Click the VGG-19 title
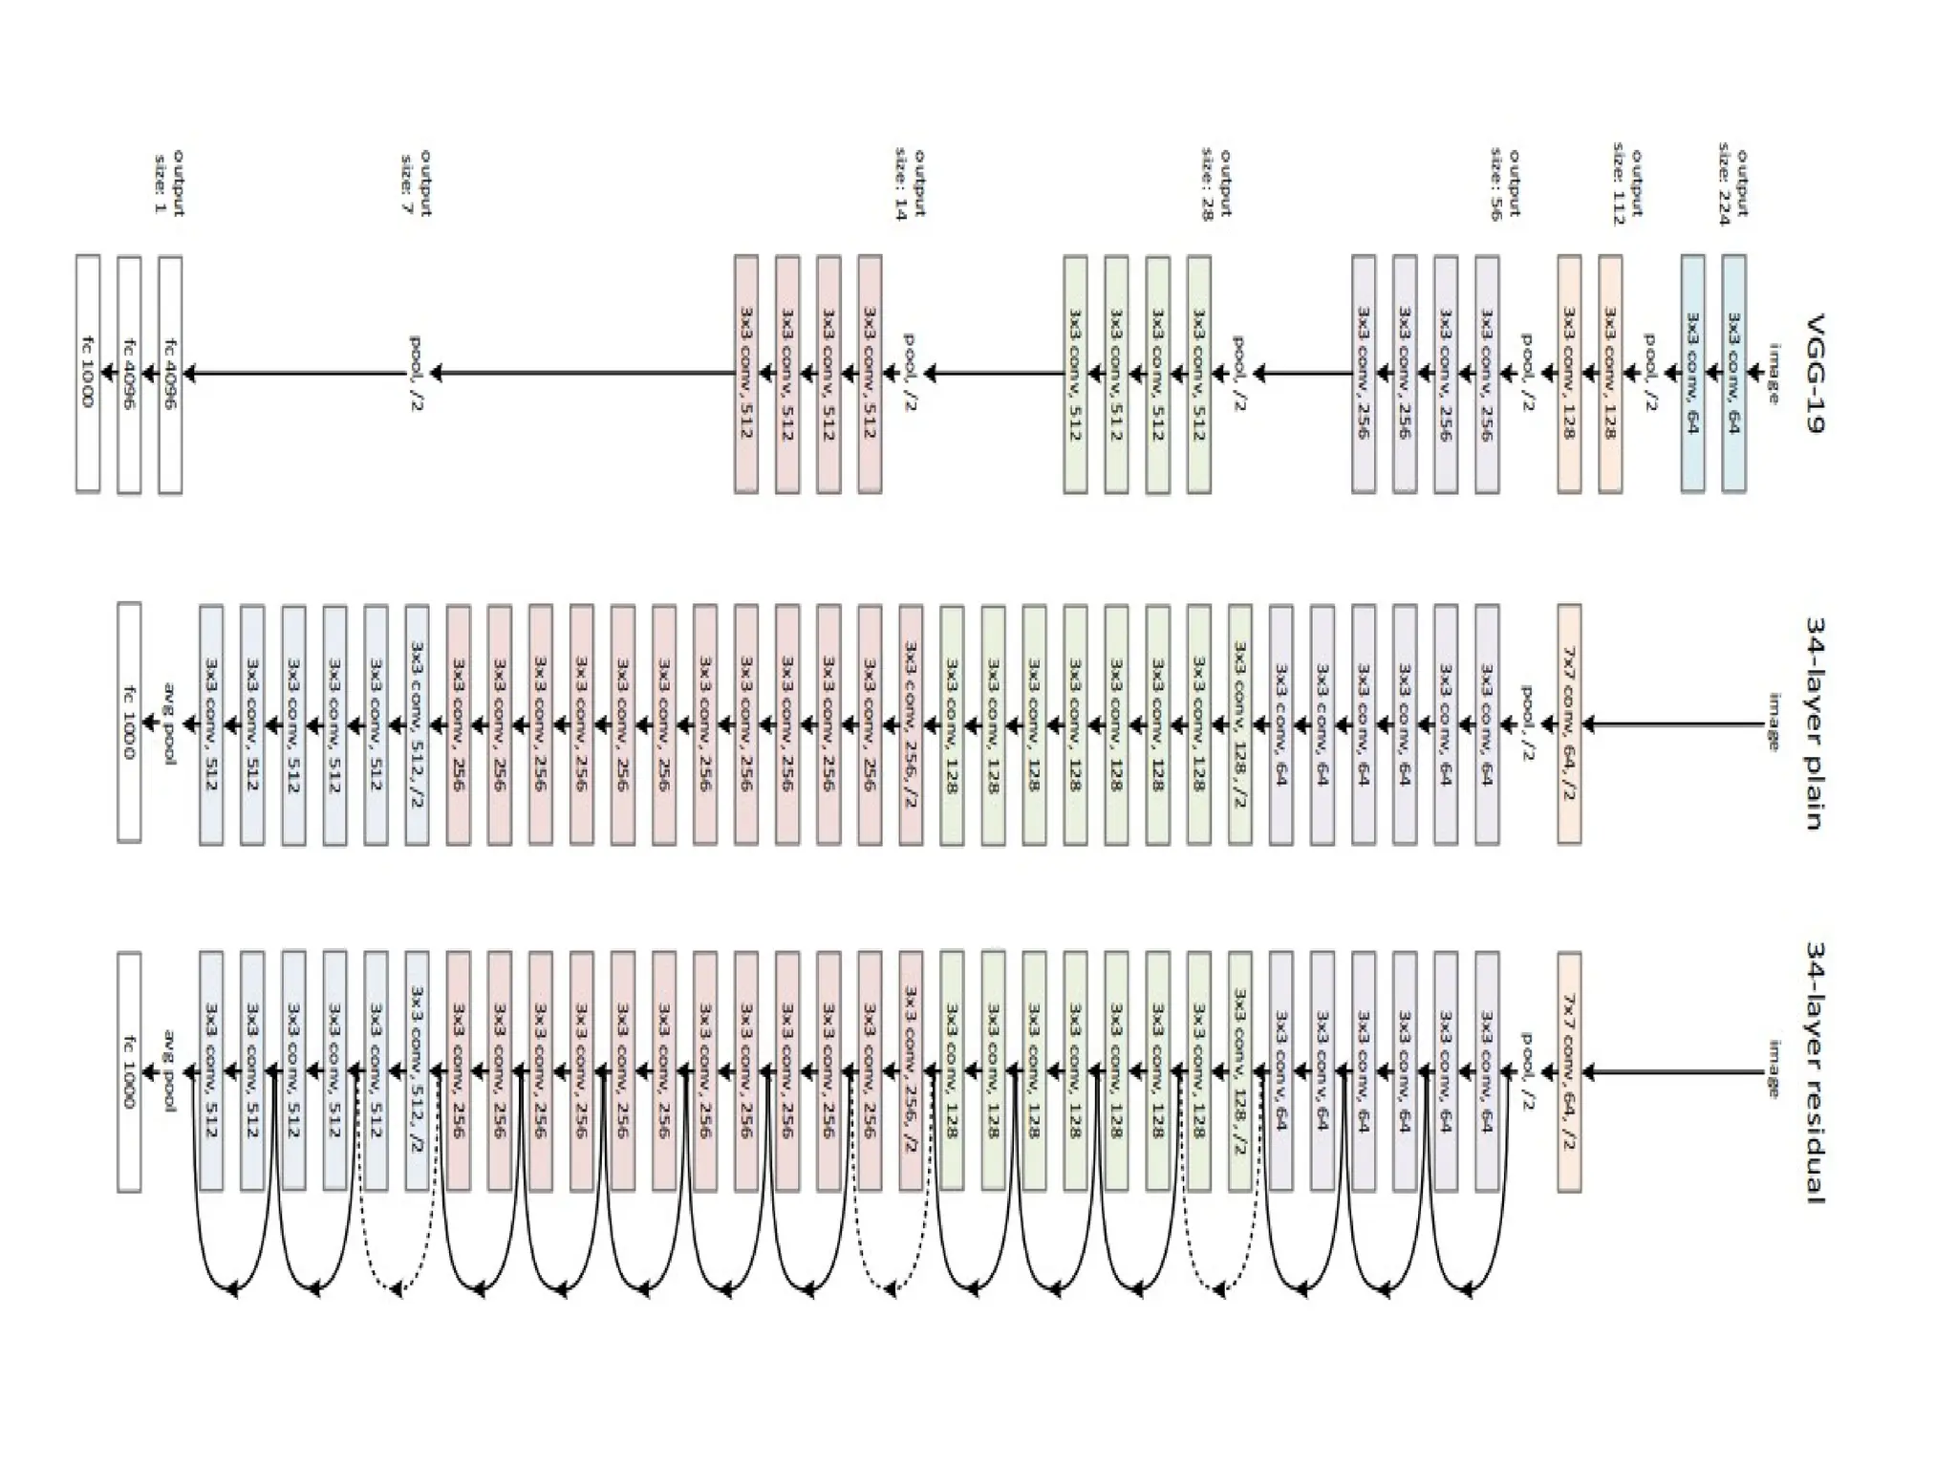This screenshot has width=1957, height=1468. pyautogui.click(x=1816, y=373)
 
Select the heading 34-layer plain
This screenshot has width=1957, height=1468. pyautogui.click(x=1816, y=723)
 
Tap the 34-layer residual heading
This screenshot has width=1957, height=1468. pyautogui.click(x=1816, y=1072)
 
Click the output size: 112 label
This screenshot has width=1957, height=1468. pyautogui.click(x=1626, y=186)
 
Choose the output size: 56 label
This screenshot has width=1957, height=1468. pyautogui.click(x=1504, y=184)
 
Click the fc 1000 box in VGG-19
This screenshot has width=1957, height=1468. pyautogui.click(x=88, y=373)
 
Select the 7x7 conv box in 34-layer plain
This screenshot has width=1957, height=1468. pyautogui.click(x=1569, y=723)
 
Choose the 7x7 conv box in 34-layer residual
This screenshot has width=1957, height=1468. pyautogui.click(x=1569, y=1072)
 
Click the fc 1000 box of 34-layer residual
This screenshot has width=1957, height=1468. pyautogui.click(x=129, y=1072)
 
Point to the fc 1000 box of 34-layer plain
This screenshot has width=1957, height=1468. pyautogui.click(x=129, y=723)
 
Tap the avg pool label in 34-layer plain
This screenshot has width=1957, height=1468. pyautogui.click(x=170, y=723)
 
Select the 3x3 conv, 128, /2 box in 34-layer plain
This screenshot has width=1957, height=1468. pyautogui.click(x=1240, y=723)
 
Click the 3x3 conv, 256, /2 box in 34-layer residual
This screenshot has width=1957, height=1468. pyautogui.click(x=911, y=1072)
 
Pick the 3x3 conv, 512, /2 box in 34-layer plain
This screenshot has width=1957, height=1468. pyautogui.click(x=417, y=723)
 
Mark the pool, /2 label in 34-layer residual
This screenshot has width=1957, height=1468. pyautogui.click(x=1526, y=1072)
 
